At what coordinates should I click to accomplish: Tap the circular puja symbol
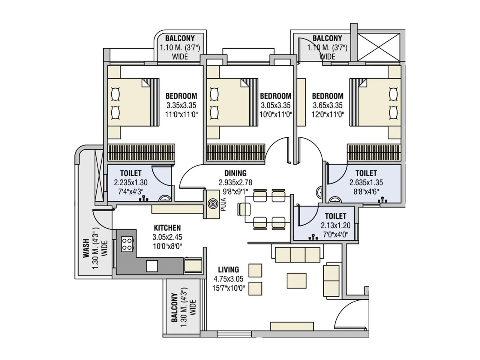coord(213,204)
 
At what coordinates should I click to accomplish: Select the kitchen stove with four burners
coord(127,244)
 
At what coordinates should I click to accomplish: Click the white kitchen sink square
coord(152,266)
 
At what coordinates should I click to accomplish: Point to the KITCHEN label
coord(167,228)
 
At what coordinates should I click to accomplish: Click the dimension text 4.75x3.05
coord(228,279)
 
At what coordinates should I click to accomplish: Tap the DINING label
coord(235,173)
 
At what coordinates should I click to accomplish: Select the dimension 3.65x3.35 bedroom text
coord(328,105)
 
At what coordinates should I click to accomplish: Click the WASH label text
coord(86,248)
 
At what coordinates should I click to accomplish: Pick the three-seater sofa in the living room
coord(298,255)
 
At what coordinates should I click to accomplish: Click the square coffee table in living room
coord(296,280)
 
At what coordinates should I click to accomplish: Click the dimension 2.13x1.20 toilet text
coord(335,225)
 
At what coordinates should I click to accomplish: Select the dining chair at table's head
coord(244,209)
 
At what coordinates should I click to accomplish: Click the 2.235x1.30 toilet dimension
coord(130,182)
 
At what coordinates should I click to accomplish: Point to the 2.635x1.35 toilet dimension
coord(366,182)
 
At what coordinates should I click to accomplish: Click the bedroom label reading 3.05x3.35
coord(276,105)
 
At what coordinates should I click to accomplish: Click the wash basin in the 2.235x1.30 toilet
coord(164,198)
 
